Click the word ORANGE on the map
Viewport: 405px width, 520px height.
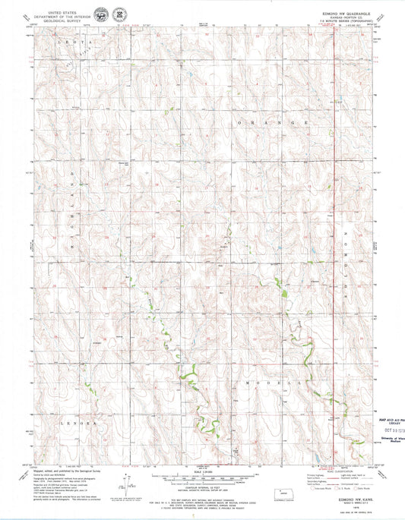point(274,122)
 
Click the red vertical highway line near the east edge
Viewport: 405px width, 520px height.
point(335,228)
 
